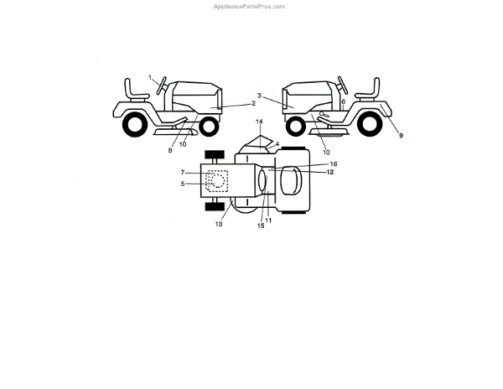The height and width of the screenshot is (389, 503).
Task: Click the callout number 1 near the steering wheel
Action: [x=151, y=78]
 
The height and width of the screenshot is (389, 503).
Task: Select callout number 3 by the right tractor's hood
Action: [x=260, y=96]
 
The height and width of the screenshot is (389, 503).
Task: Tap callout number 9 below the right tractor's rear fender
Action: [x=401, y=135]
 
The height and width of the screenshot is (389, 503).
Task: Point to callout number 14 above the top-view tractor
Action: [x=259, y=122]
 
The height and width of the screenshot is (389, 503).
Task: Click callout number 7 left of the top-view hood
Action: [x=183, y=173]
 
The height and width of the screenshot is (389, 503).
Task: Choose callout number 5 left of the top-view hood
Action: [x=183, y=183]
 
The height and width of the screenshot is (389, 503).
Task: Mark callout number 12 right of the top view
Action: [x=330, y=172]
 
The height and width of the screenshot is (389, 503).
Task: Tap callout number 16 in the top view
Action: [x=333, y=164]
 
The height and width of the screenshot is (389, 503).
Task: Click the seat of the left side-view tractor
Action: [x=133, y=88]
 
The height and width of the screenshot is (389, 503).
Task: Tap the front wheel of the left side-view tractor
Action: [x=207, y=127]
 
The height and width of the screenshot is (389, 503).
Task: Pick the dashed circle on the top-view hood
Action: [x=217, y=181]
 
